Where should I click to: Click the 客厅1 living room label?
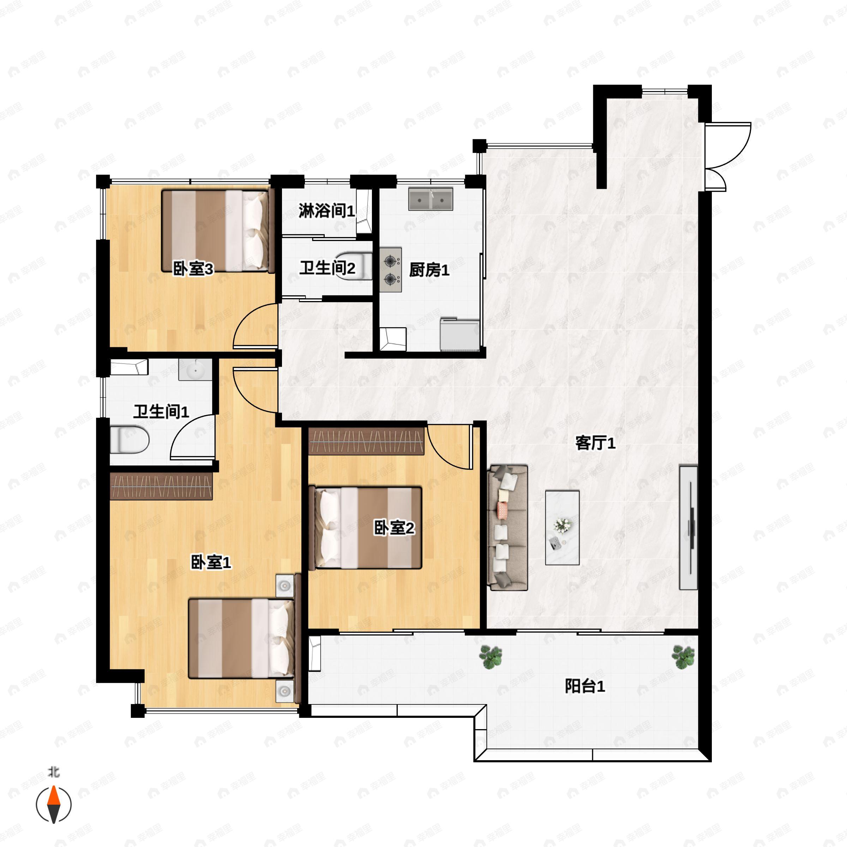595,443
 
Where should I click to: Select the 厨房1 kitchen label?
429,270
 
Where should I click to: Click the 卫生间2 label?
327,268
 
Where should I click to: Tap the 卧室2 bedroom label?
394,528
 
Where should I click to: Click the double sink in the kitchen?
430,199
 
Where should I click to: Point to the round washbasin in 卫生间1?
195,371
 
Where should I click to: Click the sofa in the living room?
507,527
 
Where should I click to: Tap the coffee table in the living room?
562,527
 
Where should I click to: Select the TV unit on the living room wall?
688,527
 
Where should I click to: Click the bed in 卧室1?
241,638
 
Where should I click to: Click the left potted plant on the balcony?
490,656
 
